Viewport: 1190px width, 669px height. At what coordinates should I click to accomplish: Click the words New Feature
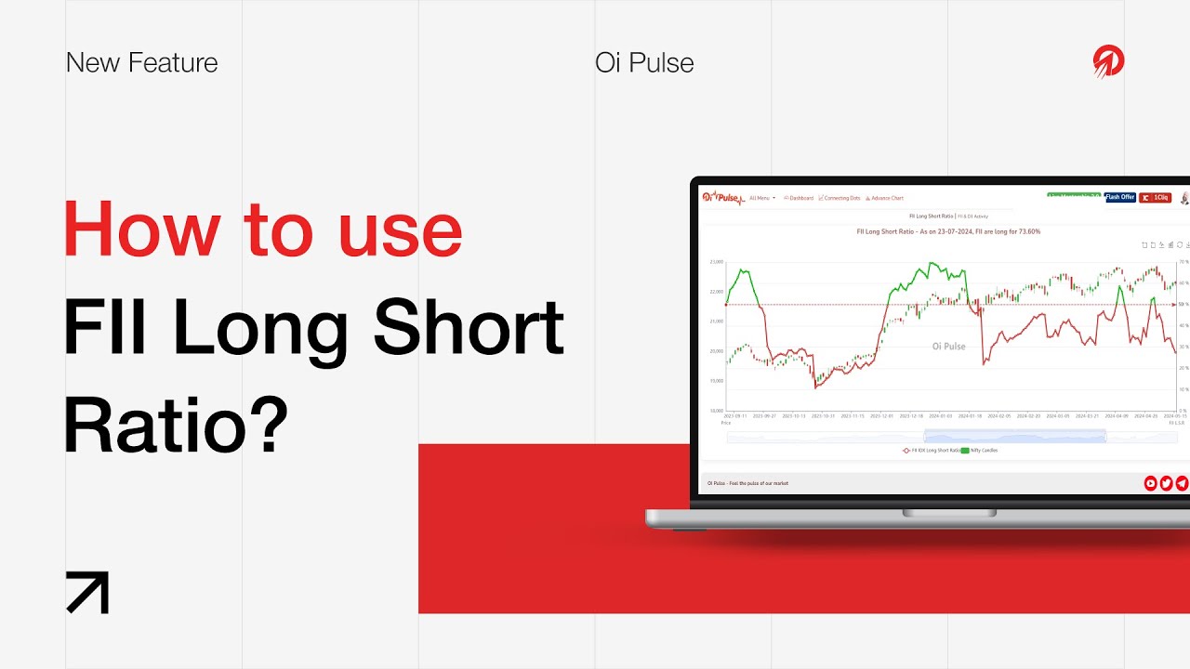142,63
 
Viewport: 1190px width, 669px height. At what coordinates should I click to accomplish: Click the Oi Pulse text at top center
644,63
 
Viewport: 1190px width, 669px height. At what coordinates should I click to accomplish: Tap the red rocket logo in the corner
1108,62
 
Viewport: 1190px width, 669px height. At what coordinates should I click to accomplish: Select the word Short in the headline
469,327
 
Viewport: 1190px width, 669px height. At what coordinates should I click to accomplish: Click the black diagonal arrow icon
87,593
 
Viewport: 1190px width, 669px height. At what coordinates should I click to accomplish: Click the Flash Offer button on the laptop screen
1120,198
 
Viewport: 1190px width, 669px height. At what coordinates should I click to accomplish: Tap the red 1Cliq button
1156,198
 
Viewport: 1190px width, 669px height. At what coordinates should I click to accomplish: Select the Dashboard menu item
800,198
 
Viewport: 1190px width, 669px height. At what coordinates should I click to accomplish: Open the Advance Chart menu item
885,198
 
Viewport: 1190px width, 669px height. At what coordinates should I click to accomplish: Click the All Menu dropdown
761,198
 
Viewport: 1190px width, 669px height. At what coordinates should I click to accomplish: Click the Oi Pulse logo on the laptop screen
721,197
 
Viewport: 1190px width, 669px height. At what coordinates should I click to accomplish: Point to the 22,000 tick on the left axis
716,292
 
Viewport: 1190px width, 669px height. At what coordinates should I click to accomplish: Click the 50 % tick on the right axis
1183,304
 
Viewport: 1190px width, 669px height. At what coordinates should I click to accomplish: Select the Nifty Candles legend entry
980,450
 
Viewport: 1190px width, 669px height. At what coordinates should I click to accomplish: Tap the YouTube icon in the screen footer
1151,483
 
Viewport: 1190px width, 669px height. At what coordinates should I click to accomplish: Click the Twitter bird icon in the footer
1166,483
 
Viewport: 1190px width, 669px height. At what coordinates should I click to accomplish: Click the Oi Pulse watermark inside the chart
948,347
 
